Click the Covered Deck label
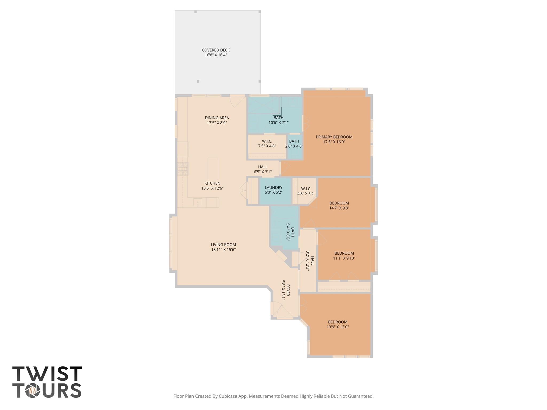[x=216, y=50]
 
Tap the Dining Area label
[x=217, y=118]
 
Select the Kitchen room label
[x=212, y=183]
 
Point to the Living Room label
[x=223, y=245]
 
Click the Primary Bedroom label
[x=334, y=137]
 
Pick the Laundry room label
[x=273, y=188]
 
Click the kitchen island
[x=213, y=169]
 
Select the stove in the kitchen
[x=183, y=169]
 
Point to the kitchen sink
[x=198, y=203]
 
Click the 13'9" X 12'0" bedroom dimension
[x=338, y=327]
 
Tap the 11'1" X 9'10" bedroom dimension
[x=344, y=258]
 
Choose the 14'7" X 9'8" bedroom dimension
[x=339, y=208]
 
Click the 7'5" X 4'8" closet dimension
[x=267, y=146]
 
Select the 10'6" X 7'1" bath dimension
[x=279, y=123]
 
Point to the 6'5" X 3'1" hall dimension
[x=263, y=172]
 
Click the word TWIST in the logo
[x=47, y=374]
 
